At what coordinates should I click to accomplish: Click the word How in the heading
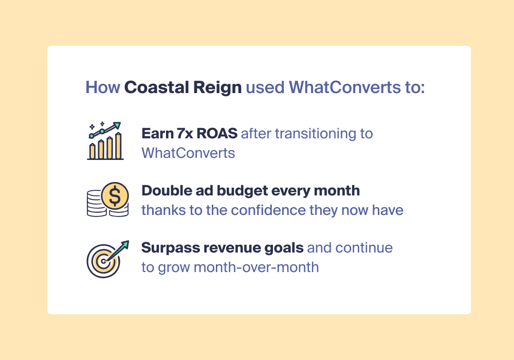[103, 87]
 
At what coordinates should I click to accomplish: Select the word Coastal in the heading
[156, 87]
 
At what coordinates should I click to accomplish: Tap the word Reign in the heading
[217, 88]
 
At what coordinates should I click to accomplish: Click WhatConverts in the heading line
[344, 87]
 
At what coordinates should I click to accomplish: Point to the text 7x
[185, 134]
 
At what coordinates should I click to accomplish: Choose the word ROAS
[217, 134]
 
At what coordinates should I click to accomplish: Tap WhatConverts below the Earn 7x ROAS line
[188, 153]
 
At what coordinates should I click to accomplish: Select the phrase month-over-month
[256, 267]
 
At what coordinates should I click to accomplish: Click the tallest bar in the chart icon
[118, 146]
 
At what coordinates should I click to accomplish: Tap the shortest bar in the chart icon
[93, 151]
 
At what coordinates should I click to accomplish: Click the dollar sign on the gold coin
[115, 196]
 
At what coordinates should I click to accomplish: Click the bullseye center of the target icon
[103, 261]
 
